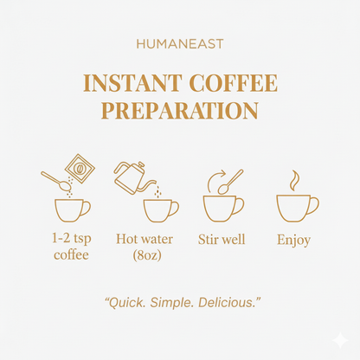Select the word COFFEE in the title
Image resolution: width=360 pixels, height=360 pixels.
click(x=236, y=84)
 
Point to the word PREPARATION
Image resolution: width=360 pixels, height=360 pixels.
click(x=180, y=111)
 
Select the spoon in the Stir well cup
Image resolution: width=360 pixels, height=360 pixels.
click(x=229, y=183)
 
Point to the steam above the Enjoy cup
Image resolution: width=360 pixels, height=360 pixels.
click(x=294, y=180)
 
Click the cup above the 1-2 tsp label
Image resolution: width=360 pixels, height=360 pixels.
click(x=71, y=209)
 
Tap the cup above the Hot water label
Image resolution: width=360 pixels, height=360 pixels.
click(x=160, y=209)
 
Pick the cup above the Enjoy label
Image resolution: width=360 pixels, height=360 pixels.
click(x=296, y=208)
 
